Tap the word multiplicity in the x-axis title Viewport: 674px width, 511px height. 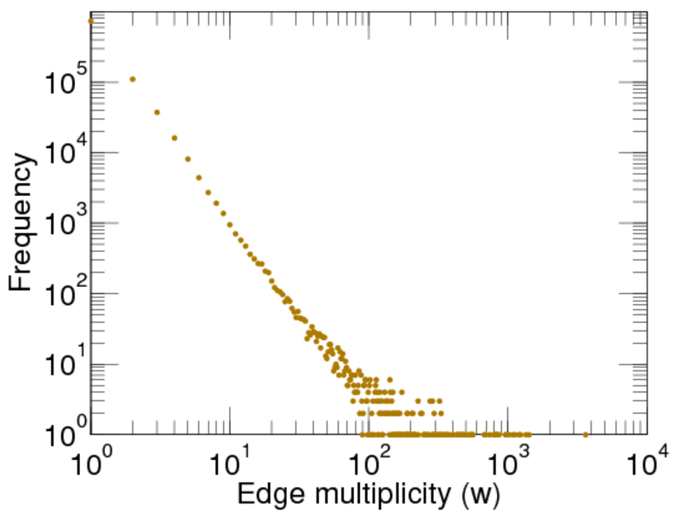tap(378, 493)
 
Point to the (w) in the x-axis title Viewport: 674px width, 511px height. tap(479, 493)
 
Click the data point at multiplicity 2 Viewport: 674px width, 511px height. tap(132, 79)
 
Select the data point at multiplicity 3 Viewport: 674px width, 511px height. tap(157, 112)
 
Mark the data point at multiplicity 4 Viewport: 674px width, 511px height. tap(174, 138)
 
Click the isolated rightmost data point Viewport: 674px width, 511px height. tap(585, 434)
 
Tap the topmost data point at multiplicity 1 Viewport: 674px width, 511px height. tap(90, 20)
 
